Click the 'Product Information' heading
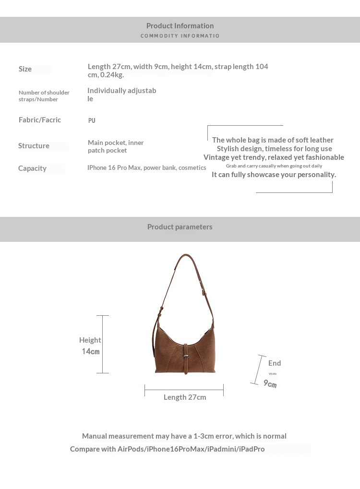point(180,26)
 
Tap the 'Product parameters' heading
point(180,227)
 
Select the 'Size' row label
point(25,69)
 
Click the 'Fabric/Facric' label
point(40,120)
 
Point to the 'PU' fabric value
point(92,120)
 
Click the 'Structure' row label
point(34,146)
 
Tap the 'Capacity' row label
point(32,168)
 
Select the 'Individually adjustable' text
point(121,95)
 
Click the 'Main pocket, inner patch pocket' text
point(116,146)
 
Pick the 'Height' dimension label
point(90,340)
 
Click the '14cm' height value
point(90,351)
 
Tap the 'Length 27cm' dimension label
point(185,397)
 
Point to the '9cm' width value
point(270,384)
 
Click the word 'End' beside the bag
point(275,363)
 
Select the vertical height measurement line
point(103,344)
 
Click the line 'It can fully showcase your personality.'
point(274,175)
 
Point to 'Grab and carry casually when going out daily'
point(274,166)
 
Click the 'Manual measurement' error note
point(184,436)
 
